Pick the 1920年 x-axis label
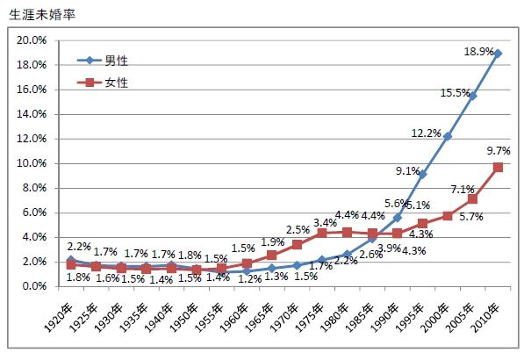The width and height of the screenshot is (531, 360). (61, 313)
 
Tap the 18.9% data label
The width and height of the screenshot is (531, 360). (478, 53)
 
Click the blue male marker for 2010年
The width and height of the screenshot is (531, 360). (498, 54)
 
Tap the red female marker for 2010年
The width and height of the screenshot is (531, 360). (498, 167)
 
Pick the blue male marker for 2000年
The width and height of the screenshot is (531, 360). (448, 136)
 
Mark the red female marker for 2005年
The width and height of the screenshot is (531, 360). (472, 199)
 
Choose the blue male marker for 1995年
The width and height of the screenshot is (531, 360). (422, 174)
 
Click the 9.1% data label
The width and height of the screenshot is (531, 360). (406, 170)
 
